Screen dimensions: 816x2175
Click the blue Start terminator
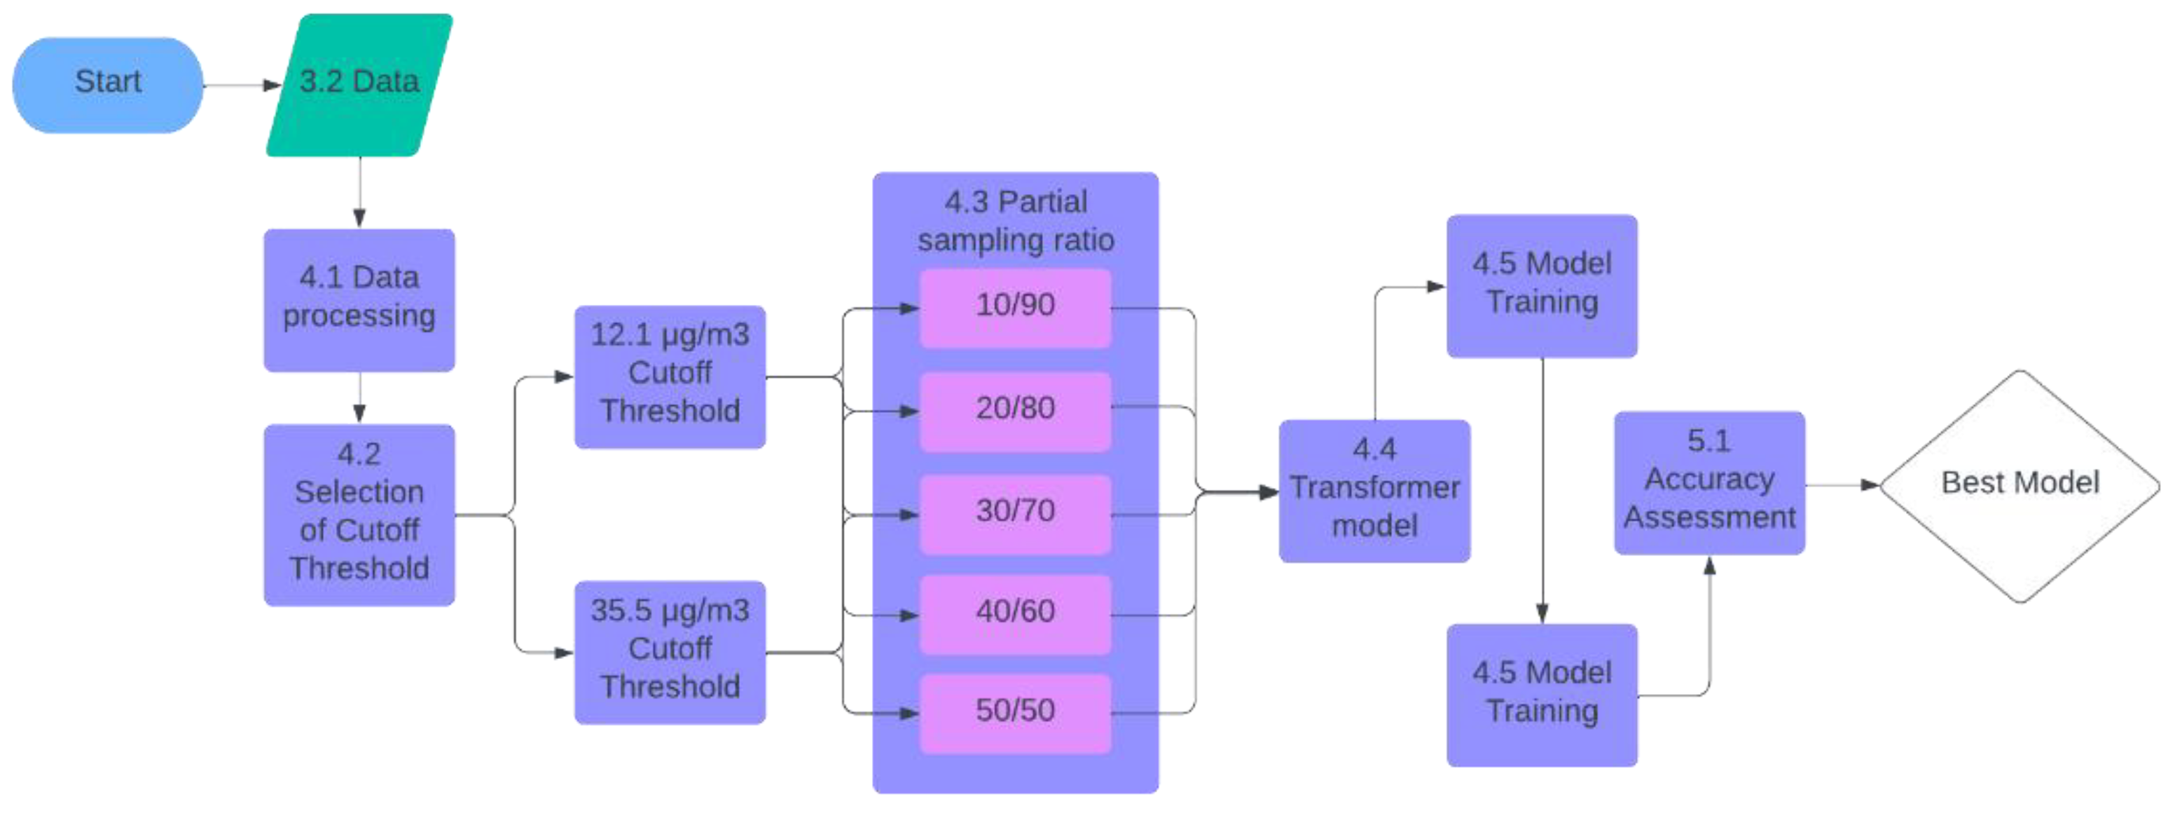(x=107, y=84)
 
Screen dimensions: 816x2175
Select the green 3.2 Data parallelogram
(x=359, y=84)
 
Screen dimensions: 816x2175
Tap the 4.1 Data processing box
(x=359, y=300)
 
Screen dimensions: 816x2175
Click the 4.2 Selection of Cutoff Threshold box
(x=359, y=514)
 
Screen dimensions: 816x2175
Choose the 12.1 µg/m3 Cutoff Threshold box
(x=670, y=376)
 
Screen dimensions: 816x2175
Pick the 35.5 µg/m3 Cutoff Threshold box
(x=670, y=651)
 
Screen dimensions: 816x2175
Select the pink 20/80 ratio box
(x=1014, y=411)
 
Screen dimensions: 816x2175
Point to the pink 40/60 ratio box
(x=1014, y=614)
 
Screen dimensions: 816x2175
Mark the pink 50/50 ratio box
(x=1014, y=713)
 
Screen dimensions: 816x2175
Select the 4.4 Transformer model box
(x=1374, y=490)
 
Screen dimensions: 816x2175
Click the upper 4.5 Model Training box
(x=1541, y=285)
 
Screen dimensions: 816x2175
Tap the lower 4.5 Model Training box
(x=1541, y=693)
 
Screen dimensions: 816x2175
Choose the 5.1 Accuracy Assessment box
(x=1709, y=482)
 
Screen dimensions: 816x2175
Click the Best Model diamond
(x=2019, y=485)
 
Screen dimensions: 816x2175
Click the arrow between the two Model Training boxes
(x=1542, y=490)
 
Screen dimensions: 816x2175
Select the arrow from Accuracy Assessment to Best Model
(x=1841, y=485)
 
